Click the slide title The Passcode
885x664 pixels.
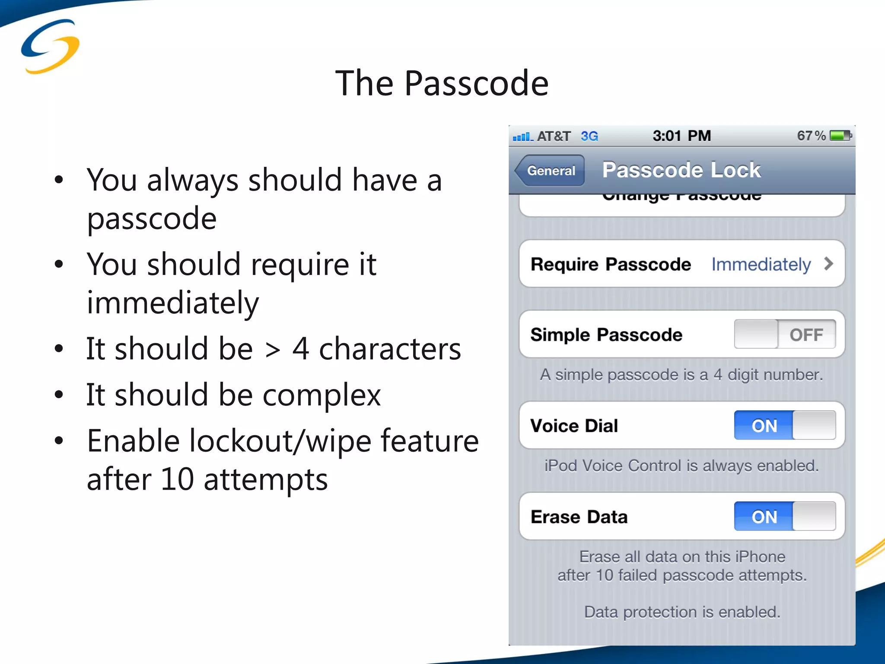tap(442, 83)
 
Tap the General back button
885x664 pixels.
tap(550, 170)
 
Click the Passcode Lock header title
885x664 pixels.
tap(681, 169)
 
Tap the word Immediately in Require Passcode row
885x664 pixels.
tap(761, 264)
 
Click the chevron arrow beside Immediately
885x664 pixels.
tap(828, 264)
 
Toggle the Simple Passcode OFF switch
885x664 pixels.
tap(784, 334)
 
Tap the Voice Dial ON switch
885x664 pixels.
tap(784, 425)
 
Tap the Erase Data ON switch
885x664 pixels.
tap(784, 516)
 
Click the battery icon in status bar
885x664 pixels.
tap(840, 136)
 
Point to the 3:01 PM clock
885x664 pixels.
tap(681, 136)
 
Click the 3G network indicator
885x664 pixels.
tap(589, 136)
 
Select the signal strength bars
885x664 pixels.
tap(522, 137)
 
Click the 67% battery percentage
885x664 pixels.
tap(811, 136)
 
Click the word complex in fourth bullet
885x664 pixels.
tap(322, 395)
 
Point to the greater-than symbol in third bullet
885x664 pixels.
tap(272, 349)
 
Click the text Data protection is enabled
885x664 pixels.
tap(682, 612)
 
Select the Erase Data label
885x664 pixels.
tap(579, 517)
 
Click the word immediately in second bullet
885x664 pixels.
tap(173, 303)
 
